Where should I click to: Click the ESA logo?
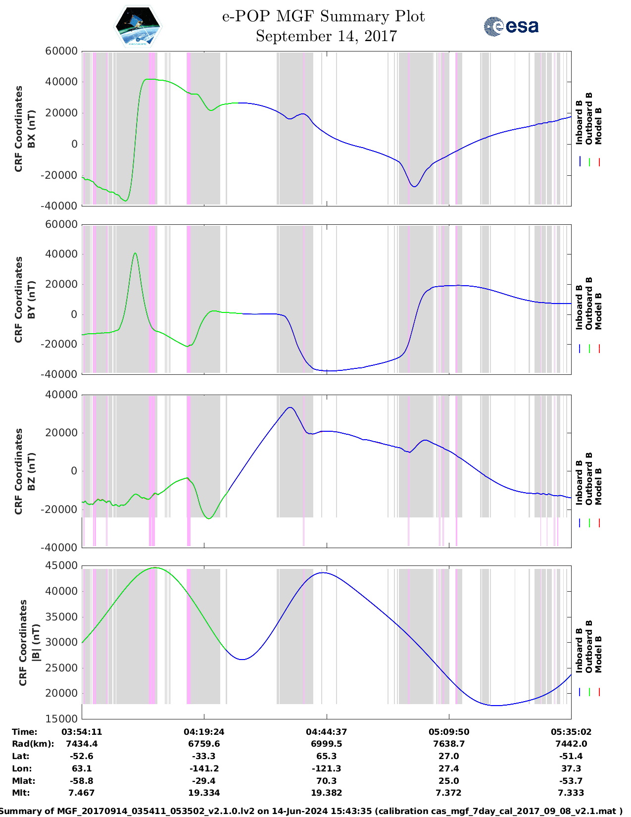[511, 26]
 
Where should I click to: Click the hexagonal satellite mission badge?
[138, 26]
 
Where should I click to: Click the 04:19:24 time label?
[204, 731]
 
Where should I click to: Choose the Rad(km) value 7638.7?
[448, 744]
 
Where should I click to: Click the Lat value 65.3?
[326, 756]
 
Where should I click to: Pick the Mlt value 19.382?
[326, 793]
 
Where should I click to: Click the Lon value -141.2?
[204, 768]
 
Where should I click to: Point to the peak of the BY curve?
[135, 253]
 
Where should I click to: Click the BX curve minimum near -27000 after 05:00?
[414, 186]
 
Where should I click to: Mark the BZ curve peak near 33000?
[291, 408]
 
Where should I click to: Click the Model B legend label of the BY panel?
[598, 311]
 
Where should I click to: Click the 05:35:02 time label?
[571, 731]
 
